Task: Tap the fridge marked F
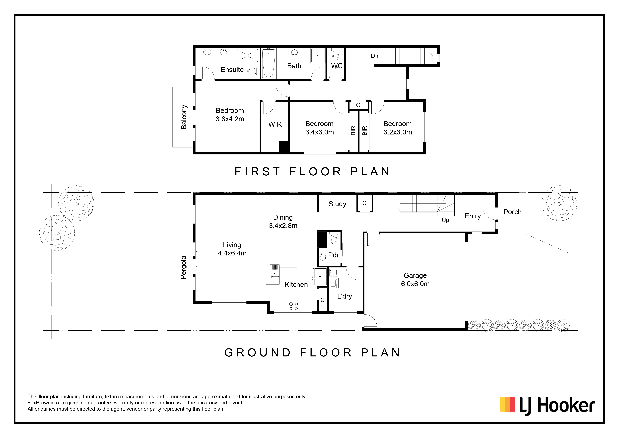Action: pos(320,277)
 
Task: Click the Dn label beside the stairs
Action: pos(374,56)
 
